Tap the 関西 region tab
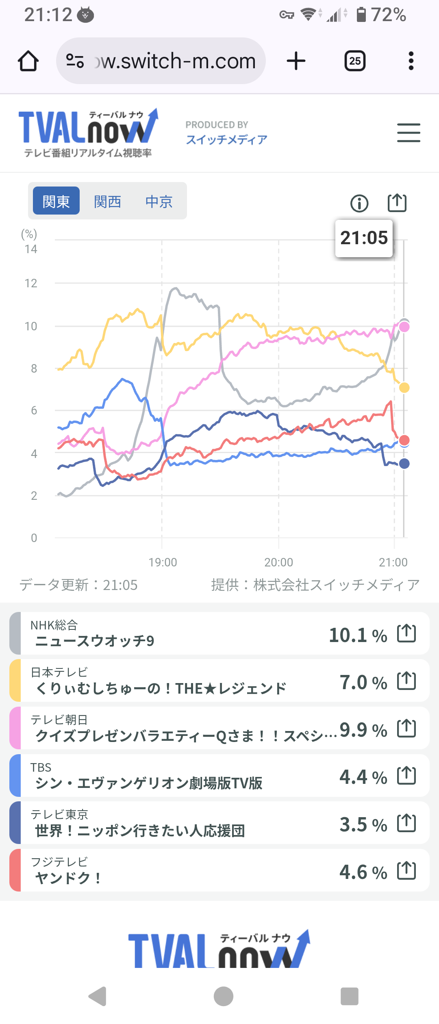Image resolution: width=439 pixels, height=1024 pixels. [107, 201]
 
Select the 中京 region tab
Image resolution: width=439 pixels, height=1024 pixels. [159, 201]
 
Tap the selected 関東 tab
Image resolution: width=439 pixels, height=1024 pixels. [56, 201]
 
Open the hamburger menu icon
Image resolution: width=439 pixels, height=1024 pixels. [409, 133]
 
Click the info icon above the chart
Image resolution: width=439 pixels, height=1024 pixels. [359, 203]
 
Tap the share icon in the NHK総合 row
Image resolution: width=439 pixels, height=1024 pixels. [406, 633]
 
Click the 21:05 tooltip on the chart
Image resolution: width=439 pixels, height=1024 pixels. [364, 238]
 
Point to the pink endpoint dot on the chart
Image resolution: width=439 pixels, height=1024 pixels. [404, 327]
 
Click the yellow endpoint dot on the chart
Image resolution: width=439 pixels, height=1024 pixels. [404, 388]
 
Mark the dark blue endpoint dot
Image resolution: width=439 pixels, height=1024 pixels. [404, 464]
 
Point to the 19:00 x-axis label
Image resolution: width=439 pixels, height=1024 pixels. [163, 562]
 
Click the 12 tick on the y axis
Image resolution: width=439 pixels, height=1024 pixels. [31, 283]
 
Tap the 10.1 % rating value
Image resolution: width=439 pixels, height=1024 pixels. [358, 635]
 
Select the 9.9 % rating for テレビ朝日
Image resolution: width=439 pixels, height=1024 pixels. [363, 730]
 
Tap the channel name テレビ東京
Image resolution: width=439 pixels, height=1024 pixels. [59, 814]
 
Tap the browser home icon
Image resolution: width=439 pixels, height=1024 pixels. [28, 61]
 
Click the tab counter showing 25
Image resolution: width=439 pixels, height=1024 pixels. [355, 61]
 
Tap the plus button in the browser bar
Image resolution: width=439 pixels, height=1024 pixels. [296, 61]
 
